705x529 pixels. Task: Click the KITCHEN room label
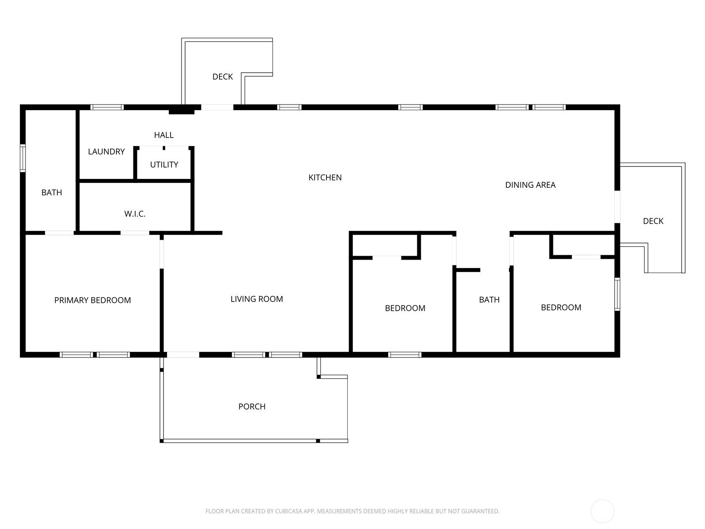(325, 177)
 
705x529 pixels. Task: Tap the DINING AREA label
(530, 185)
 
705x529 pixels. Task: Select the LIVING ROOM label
(256, 299)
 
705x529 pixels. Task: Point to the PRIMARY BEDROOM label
(93, 300)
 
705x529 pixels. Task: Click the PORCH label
(252, 406)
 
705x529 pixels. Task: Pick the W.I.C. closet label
(135, 214)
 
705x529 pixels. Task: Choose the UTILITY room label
(164, 164)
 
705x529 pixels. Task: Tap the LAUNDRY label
(106, 151)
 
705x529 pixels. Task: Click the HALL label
(164, 135)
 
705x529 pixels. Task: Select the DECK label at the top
(223, 76)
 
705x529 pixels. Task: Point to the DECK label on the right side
(653, 221)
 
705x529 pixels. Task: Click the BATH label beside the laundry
(52, 192)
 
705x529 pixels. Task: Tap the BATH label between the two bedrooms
(489, 300)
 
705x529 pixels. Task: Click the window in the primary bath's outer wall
(23, 158)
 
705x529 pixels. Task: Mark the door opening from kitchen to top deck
(217, 107)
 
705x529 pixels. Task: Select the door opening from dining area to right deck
(617, 207)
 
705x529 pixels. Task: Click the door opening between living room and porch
(183, 354)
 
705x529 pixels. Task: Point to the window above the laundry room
(107, 107)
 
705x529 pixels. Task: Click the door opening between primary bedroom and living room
(162, 254)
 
